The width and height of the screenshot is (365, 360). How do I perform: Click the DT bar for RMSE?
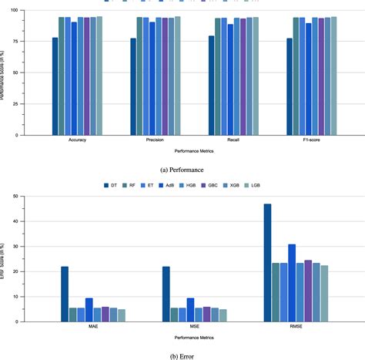coord(267,262)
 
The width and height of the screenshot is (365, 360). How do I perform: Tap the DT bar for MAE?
coord(65,293)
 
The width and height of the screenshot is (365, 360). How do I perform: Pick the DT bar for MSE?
coord(166,293)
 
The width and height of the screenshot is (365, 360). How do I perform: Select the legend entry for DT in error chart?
coord(109,185)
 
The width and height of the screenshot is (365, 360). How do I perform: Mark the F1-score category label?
coord(311,140)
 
